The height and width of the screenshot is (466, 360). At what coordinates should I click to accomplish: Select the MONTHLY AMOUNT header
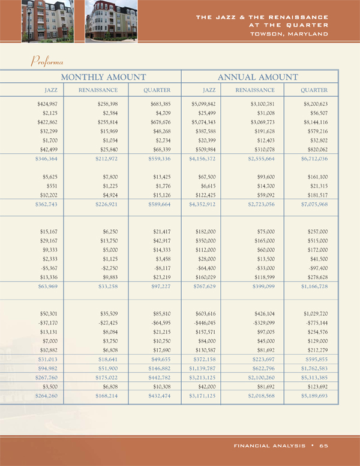point(103,77)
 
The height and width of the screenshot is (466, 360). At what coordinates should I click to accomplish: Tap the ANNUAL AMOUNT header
point(257,77)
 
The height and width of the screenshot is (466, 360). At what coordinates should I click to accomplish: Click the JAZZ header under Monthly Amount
point(39,90)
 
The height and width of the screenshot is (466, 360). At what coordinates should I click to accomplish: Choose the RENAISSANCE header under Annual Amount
point(254,90)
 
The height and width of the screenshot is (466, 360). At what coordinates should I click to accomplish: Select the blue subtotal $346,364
point(38,159)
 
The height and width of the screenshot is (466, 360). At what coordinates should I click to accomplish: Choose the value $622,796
point(261,369)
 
